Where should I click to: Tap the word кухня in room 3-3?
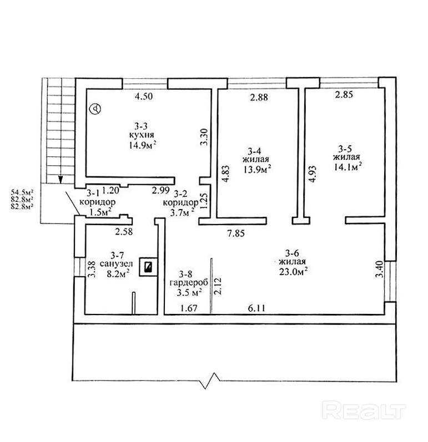click(143, 135)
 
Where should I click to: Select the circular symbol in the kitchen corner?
click(97, 109)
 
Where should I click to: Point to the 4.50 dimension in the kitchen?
click(144, 96)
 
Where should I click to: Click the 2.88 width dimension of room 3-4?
click(259, 98)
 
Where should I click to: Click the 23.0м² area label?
click(294, 272)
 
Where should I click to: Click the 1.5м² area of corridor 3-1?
click(101, 211)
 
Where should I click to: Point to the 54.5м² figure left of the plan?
click(22, 192)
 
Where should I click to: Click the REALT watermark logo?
click(365, 411)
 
